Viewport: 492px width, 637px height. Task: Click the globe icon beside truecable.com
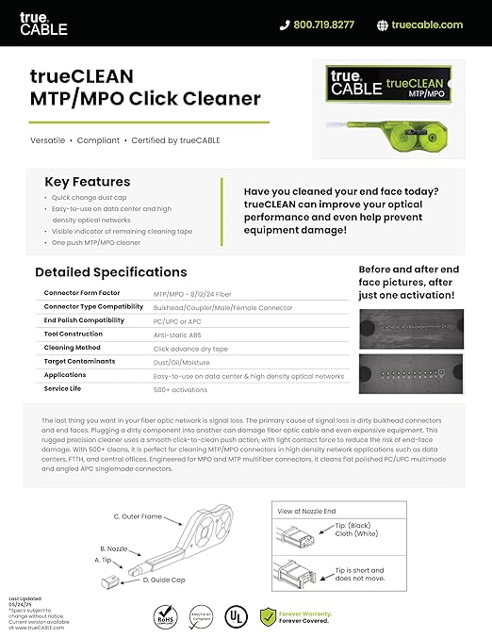click(x=383, y=25)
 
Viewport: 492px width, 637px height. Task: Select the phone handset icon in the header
click(x=285, y=25)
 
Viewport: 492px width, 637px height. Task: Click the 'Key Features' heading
click(x=88, y=182)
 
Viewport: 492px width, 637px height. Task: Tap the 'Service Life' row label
click(x=63, y=388)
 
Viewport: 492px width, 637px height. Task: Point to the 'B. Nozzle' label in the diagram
click(x=115, y=547)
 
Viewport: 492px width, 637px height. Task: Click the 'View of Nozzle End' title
click(x=308, y=510)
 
